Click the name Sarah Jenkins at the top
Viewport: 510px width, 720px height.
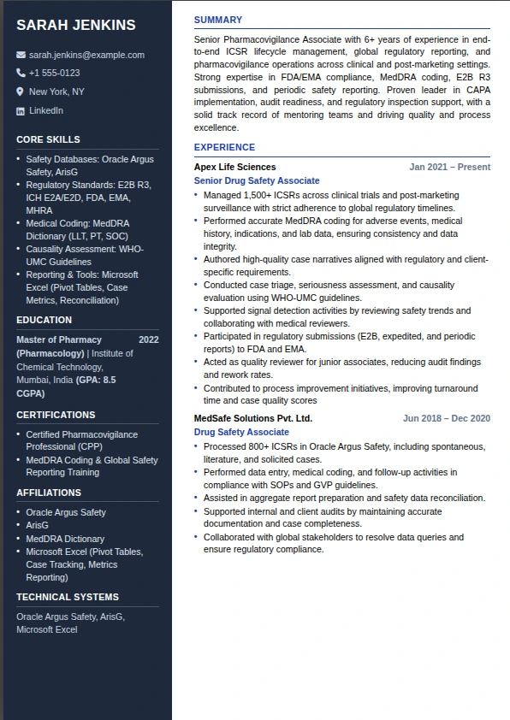coord(75,26)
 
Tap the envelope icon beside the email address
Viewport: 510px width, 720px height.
coord(21,55)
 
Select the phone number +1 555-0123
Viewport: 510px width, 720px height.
coord(54,74)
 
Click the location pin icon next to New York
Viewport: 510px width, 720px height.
coord(21,91)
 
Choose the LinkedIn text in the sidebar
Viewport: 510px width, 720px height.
coord(46,110)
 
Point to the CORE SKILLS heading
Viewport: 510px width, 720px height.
coord(48,139)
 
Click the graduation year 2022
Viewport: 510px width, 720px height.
coord(148,339)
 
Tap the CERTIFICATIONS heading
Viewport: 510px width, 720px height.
coord(56,415)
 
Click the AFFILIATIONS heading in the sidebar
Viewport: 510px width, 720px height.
coord(49,493)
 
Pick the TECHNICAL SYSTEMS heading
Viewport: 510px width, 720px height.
coord(68,597)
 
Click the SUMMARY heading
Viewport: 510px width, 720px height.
coord(218,20)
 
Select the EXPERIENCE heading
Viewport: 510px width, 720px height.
coord(224,147)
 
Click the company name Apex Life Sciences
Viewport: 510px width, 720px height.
coord(235,168)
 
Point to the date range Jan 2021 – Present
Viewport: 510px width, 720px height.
coord(449,168)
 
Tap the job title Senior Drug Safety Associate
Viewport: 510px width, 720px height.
coord(257,181)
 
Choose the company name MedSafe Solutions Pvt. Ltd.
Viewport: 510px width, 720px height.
coord(253,419)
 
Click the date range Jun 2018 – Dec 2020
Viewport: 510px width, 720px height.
coord(447,419)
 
